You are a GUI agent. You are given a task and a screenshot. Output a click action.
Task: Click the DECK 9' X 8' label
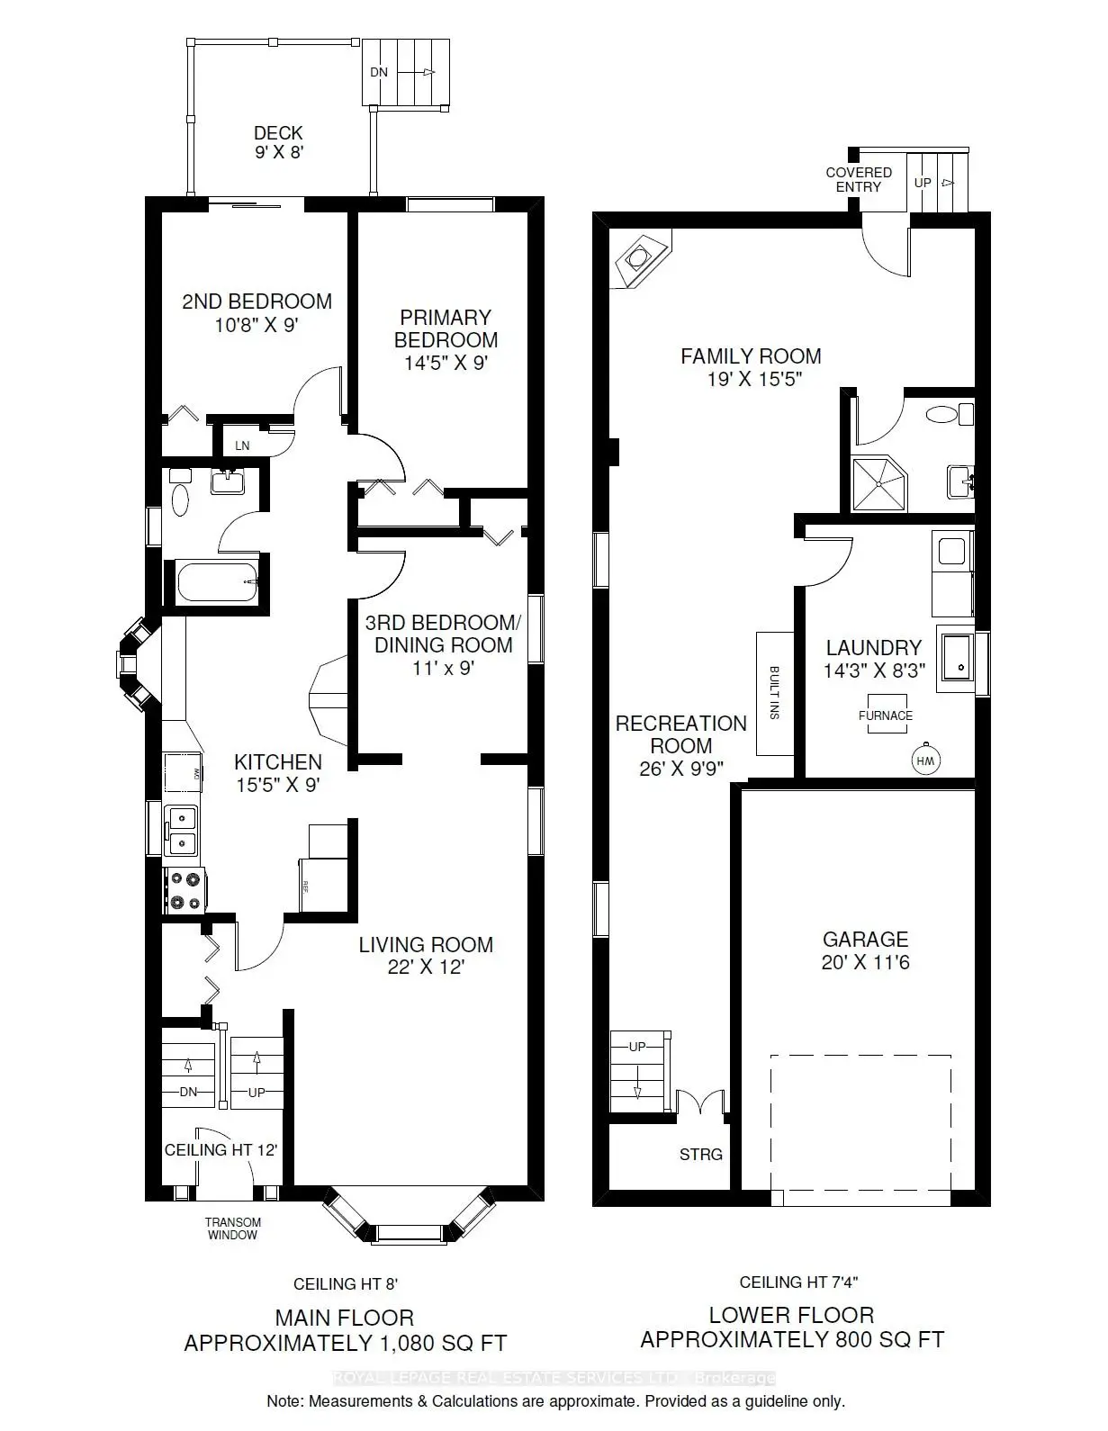pyautogui.click(x=278, y=142)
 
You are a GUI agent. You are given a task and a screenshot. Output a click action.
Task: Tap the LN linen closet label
pyautogui.click(x=242, y=445)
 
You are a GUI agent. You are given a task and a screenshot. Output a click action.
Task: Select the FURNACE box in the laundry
pyautogui.click(x=885, y=715)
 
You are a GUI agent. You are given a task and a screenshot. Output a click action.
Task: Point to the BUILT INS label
pyautogui.click(x=774, y=692)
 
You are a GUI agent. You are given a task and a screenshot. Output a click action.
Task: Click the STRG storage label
pyautogui.click(x=700, y=1154)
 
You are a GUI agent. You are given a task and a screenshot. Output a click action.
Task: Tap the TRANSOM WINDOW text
pyautogui.click(x=234, y=1228)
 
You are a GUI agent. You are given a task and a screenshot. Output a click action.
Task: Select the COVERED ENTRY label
pyautogui.click(x=859, y=179)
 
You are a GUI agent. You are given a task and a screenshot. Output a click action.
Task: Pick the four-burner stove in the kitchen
pyautogui.click(x=185, y=890)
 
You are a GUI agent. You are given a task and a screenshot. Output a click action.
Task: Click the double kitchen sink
pyautogui.click(x=183, y=830)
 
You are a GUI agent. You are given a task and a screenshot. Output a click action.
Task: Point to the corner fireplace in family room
pyautogui.click(x=639, y=258)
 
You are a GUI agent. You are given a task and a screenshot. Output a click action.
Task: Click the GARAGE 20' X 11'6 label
pyautogui.click(x=865, y=950)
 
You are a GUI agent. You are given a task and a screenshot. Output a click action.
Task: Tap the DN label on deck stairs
pyautogui.click(x=379, y=72)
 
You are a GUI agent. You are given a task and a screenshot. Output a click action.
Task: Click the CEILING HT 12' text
pyautogui.click(x=221, y=1149)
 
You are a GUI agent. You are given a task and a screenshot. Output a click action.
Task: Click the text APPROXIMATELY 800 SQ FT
pyautogui.click(x=792, y=1339)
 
